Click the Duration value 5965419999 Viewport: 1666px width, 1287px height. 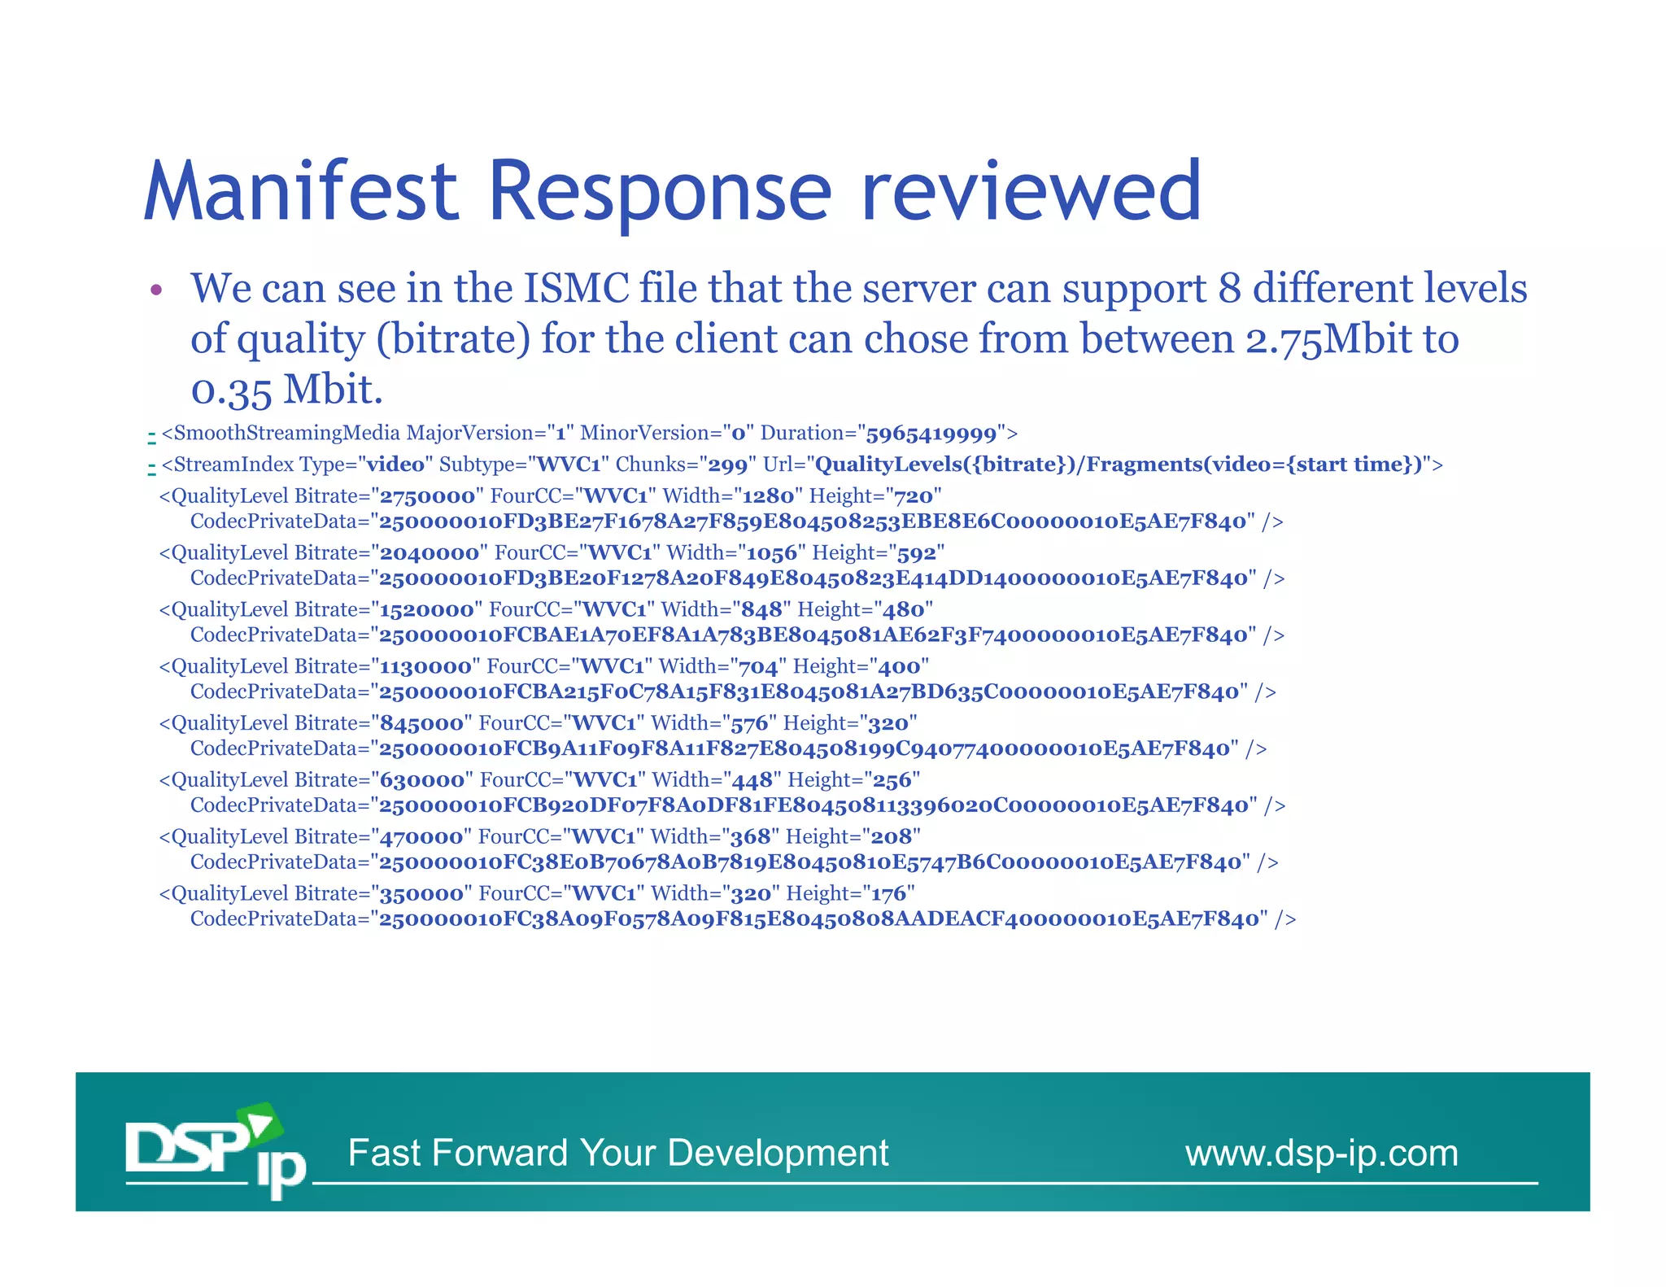pyautogui.click(x=931, y=434)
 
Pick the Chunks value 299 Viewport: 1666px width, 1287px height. pyautogui.click(x=727, y=465)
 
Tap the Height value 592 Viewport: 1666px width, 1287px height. pyautogui.click(x=916, y=553)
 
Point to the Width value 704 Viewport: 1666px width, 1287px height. pyautogui.click(x=758, y=667)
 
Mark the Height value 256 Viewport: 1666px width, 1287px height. pyautogui.click(x=892, y=781)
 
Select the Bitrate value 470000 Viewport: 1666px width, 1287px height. pyautogui.click(x=421, y=837)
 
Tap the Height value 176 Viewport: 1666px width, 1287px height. pyautogui.click(x=888, y=894)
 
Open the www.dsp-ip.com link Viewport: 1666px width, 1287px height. pyautogui.click(x=1321, y=1153)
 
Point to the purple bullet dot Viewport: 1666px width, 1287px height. pyautogui.click(x=157, y=290)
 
